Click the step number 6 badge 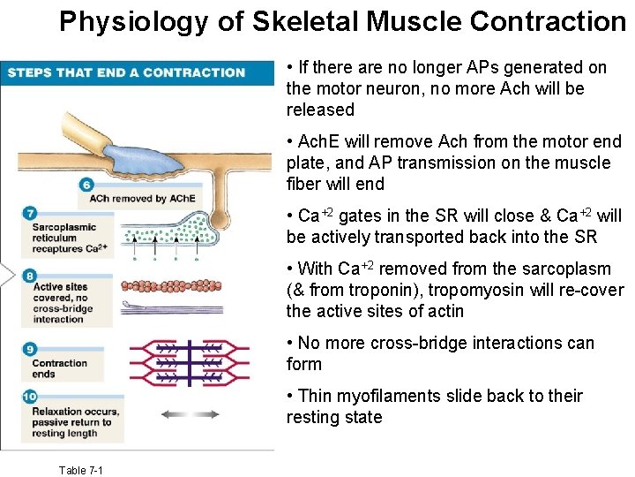86,185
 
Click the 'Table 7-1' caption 80,470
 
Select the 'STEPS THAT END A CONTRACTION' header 126,72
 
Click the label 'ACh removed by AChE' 141,199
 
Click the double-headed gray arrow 190,413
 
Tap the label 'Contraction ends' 59,368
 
